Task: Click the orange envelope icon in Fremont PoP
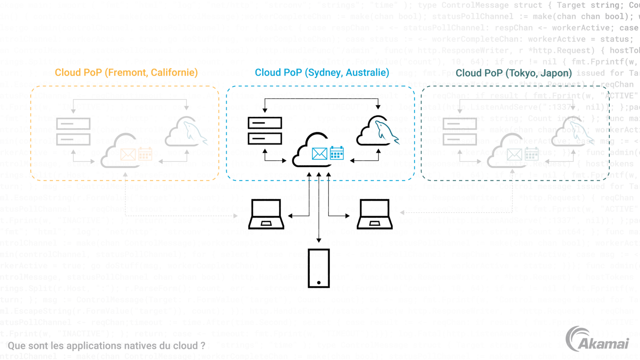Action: click(128, 154)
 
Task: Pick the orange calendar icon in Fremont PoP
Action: click(145, 154)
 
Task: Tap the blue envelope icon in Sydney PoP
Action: click(319, 153)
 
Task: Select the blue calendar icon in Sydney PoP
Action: click(336, 153)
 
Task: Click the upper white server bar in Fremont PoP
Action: click(73, 124)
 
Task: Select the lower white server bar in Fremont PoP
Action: click(73, 139)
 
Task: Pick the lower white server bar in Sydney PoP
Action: click(265, 139)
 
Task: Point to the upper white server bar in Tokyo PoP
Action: click(460, 124)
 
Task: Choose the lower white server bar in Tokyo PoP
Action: click(460, 139)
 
